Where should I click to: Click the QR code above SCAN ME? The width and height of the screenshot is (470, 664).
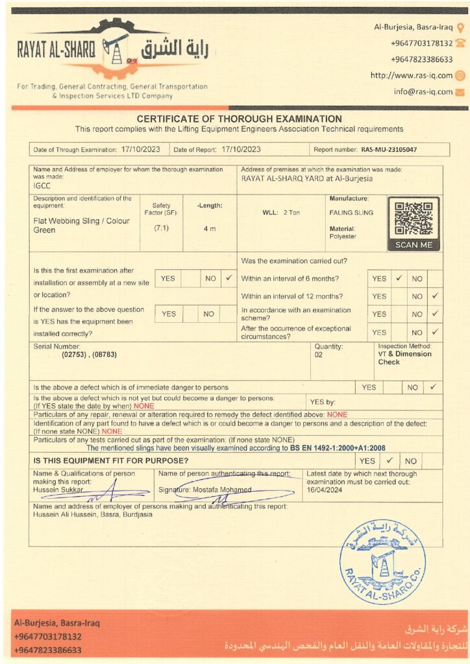click(414, 219)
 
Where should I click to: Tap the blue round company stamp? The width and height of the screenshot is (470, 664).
click(382, 561)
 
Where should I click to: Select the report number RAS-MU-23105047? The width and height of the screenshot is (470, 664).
click(389, 149)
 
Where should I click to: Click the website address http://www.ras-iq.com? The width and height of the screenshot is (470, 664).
click(412, 75)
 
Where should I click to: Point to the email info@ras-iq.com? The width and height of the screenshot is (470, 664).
click(423, 91)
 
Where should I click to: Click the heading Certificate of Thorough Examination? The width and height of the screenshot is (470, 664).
click(239, 119)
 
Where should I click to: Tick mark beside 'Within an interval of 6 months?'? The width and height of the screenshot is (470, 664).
click(399, 278)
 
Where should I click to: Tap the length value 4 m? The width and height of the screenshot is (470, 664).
click(210, 229)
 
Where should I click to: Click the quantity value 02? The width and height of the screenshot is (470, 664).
click(319, 355)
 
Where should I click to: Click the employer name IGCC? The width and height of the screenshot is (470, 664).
click(42, 185)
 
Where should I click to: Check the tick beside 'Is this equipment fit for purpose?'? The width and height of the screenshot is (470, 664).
click(390, 461)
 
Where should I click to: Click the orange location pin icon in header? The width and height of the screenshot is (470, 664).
click(460, 27)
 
